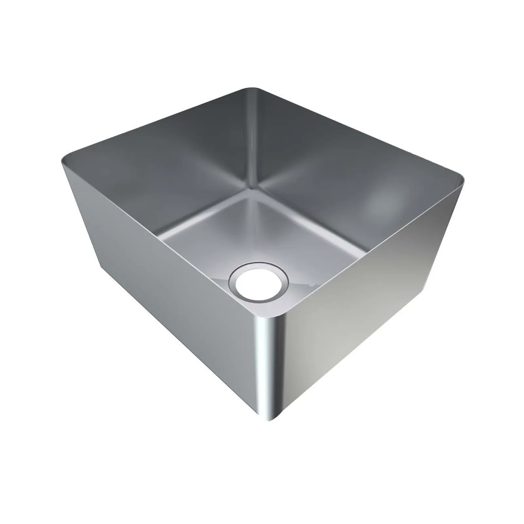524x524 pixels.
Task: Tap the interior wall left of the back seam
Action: [x=170, y=164]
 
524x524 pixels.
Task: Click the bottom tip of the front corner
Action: [x=271, y=420]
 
